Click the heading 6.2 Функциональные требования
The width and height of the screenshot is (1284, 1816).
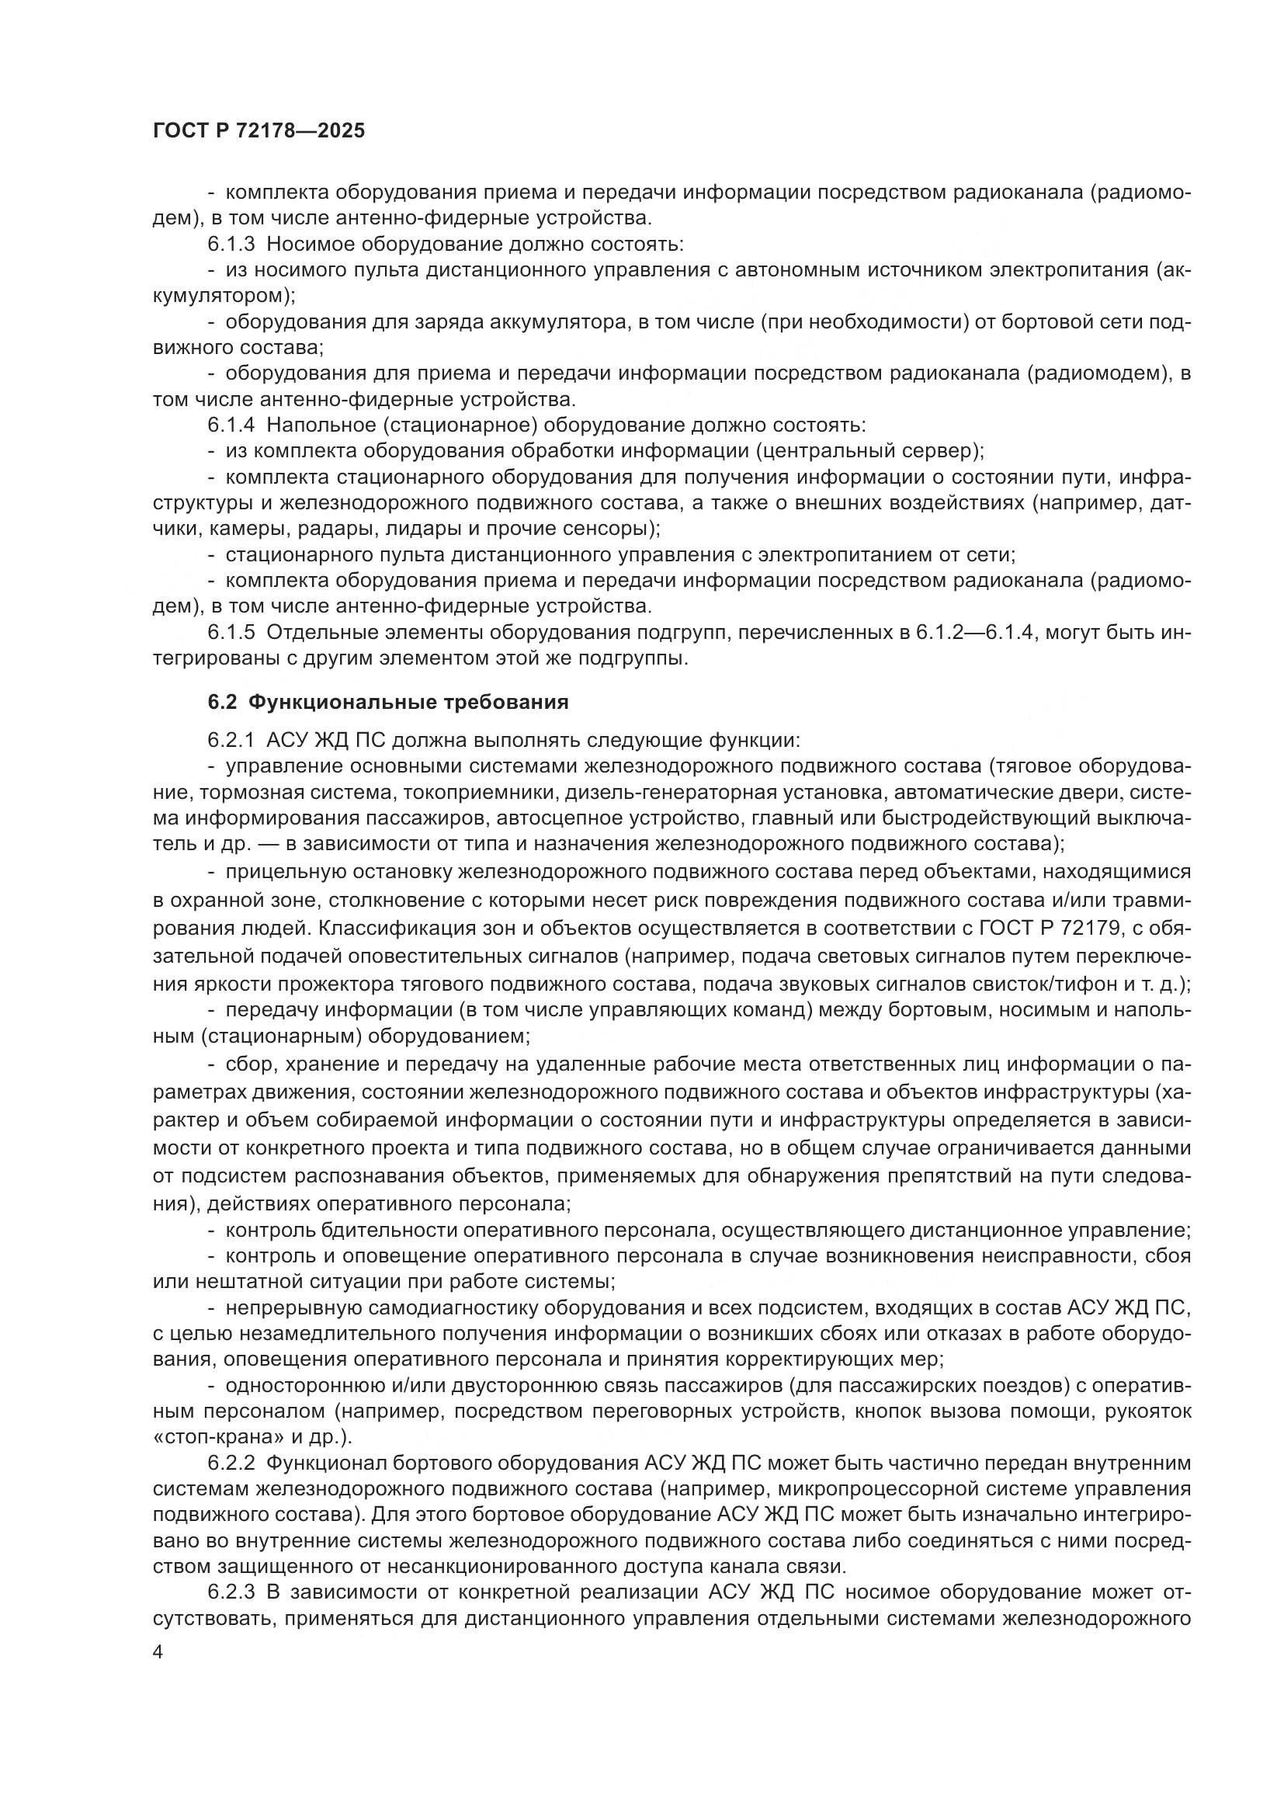tap(388, 702)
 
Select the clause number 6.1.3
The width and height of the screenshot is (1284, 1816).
tap(231, 245)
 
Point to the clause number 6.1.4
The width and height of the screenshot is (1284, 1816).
tap(231, 425)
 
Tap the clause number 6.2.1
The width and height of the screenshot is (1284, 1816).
tap(231, 741)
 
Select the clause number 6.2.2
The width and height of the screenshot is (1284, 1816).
tap(231, 1464)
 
